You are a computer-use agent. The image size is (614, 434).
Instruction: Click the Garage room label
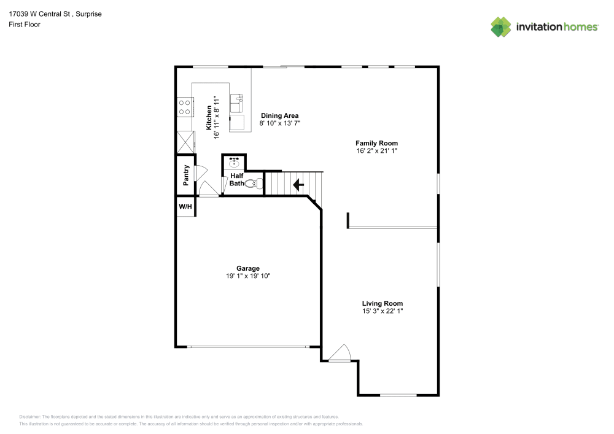(x=248, y=268)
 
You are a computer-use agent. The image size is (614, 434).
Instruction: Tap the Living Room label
(x=382, y=303)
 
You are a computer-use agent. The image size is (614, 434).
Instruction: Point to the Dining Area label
(x=279, y=115)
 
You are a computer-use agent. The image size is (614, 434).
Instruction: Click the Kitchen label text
(x=209, y=117)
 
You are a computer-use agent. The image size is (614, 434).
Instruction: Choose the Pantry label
(x=186, y=175)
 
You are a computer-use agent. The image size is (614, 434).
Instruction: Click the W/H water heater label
(x=185, y=207)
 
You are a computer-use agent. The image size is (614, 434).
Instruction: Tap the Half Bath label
(x=236, y=179)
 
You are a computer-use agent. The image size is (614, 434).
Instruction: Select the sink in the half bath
(x=234, y=163)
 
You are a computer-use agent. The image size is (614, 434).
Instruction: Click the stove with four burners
(x=184, y=107)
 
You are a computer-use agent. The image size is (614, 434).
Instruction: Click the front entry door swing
(x=338, y=353)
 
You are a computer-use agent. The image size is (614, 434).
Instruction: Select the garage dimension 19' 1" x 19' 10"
(x=248, y=276)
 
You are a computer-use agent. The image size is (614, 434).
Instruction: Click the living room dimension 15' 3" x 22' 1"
(x=382, y=311)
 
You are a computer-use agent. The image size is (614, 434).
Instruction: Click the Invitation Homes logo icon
(x=501, y=26)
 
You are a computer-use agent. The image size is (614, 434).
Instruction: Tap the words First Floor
(x=25, y=25)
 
